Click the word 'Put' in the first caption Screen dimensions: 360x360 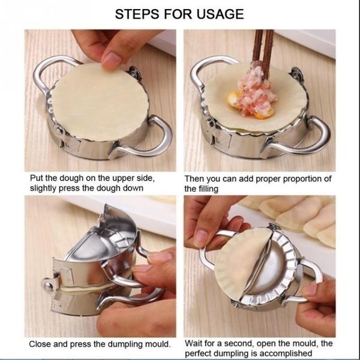(x=37, y=178)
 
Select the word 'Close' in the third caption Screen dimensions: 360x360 (x=40, y=344)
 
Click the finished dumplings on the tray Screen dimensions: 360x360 (x=300, y=216)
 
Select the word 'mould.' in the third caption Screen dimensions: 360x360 (x=155, y=344)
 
